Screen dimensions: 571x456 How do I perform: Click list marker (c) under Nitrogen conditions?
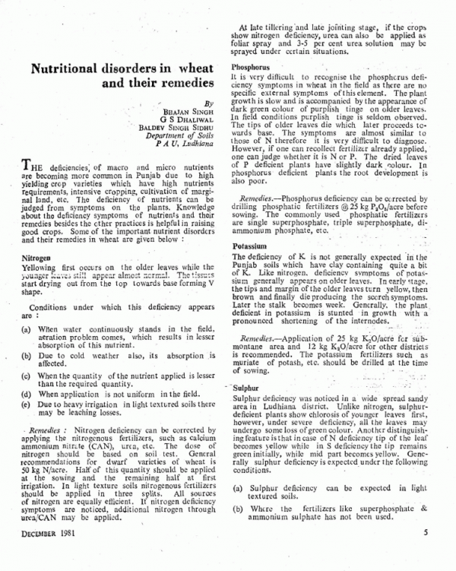click(27, 376)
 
